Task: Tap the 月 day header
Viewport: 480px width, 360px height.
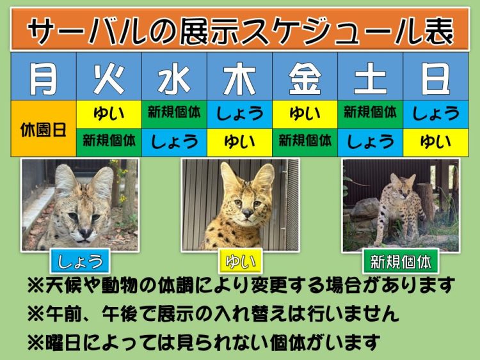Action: (x=44, y=77)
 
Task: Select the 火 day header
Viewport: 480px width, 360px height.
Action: (x=109, y=77)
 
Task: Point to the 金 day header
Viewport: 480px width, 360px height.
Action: (x=305, y=77)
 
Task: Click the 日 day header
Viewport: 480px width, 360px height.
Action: (x=436, y=77)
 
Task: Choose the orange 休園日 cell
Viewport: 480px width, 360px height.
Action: (x=44, y=129)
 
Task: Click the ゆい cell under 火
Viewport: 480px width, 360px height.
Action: (x=109, y=114)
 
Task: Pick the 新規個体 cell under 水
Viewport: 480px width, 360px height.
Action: (x=174, y=114)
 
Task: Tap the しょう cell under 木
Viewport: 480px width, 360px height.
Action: (x=240, y=114)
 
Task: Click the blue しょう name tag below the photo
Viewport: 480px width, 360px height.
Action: (x=80, y=261)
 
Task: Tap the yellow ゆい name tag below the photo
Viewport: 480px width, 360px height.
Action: (x=240, y=261)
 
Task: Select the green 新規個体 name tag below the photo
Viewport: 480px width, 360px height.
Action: (x=401, y=261)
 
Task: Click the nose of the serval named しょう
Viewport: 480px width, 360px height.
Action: (x=85, y=233)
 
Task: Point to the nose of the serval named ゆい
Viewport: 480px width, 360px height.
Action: (x=247, y=212)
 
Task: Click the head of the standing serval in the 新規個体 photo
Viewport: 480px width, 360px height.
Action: (x=403, y=187)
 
